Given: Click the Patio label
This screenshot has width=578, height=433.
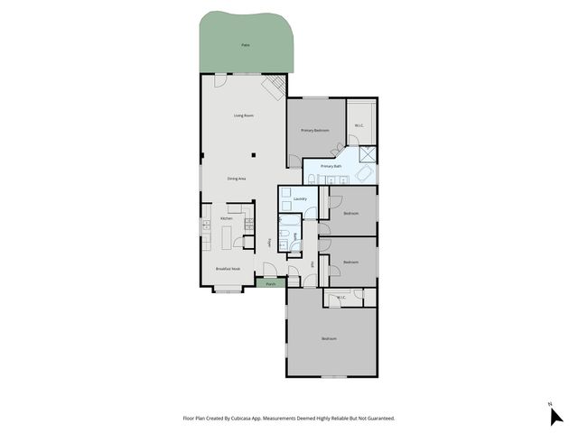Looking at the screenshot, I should click(246, 44).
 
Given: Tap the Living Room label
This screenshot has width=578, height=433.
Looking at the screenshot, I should click(243, 115).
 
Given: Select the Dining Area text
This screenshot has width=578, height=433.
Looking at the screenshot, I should click(237, 180).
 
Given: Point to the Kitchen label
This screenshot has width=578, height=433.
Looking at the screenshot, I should click(227, 218).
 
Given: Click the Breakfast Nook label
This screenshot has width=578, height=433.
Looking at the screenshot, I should click(228, 269).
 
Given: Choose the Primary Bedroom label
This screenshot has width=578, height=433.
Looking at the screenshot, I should click(315, 131).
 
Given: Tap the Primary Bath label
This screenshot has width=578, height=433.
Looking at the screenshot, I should click(331, 166).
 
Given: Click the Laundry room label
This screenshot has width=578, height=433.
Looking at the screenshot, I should click(300, 198).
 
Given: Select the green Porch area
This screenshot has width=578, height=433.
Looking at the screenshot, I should click(270, 283).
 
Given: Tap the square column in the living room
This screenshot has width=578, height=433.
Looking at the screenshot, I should click(255, 154).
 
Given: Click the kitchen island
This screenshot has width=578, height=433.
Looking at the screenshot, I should click(226, 236).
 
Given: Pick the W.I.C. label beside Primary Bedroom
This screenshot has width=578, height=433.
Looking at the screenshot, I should click(359, 125).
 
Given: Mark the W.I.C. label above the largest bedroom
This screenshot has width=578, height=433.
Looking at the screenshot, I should click(341, 298).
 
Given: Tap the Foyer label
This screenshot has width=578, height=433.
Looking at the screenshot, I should click(269, 243).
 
